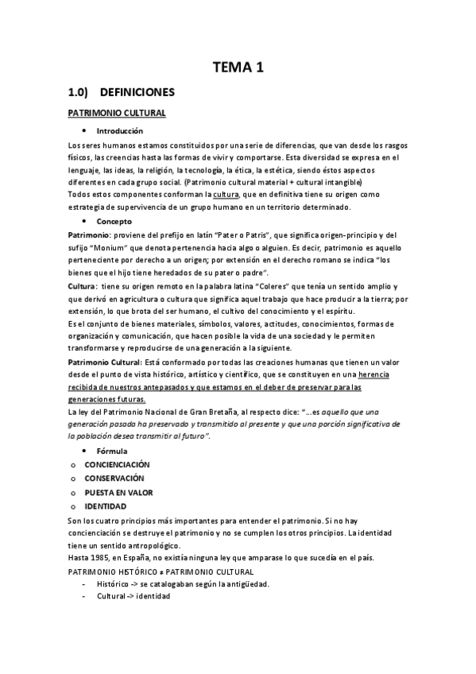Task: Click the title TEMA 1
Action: pyautogui.click(x=238, y=68)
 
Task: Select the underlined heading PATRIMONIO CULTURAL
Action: pyautogui.click(x=116, y=114)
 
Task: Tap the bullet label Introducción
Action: pyautogui.click(x=120, y=130)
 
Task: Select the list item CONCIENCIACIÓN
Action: pyautogui.click(x=117, y=464)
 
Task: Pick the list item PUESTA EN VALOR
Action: pyautogui.click(x=118, y=492)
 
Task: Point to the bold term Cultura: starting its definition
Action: pyautogui.click(x=83, y=285)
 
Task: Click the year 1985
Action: pyautogui.click(x=99, y=558)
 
